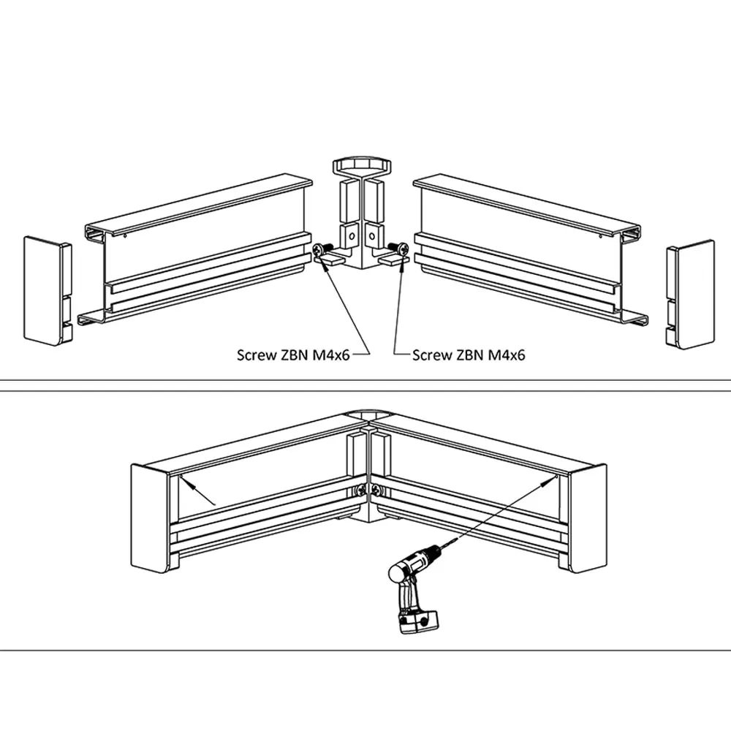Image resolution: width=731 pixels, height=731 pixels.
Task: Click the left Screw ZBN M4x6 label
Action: tap(293, 355)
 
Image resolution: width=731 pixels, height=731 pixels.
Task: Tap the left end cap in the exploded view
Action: tap(43, 289)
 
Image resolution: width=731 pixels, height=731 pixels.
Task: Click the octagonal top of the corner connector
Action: tap(362, 164)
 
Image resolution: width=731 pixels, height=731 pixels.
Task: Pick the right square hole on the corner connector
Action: tap(371, 235)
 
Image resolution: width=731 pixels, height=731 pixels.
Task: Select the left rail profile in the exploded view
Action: tap(197, 249)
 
